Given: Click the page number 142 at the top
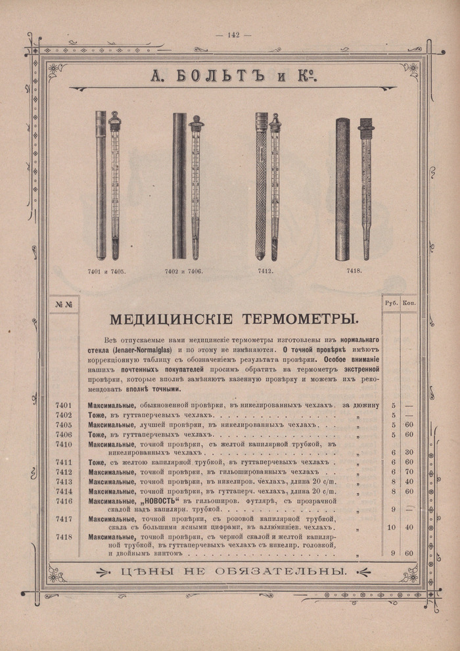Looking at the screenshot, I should (230, 35).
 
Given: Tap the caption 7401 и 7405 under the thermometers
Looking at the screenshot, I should (106, 271).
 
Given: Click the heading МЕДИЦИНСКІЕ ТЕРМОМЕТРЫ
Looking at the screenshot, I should (234, 319).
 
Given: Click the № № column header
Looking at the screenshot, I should (64, 303).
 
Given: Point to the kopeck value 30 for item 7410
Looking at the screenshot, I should (409, 453).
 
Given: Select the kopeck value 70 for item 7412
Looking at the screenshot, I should (409, 472).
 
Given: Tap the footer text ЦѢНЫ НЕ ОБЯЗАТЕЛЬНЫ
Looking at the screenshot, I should (234, 572).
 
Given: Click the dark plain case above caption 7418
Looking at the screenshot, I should (342, 189).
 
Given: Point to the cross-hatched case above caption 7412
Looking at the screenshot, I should (262, 187).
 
